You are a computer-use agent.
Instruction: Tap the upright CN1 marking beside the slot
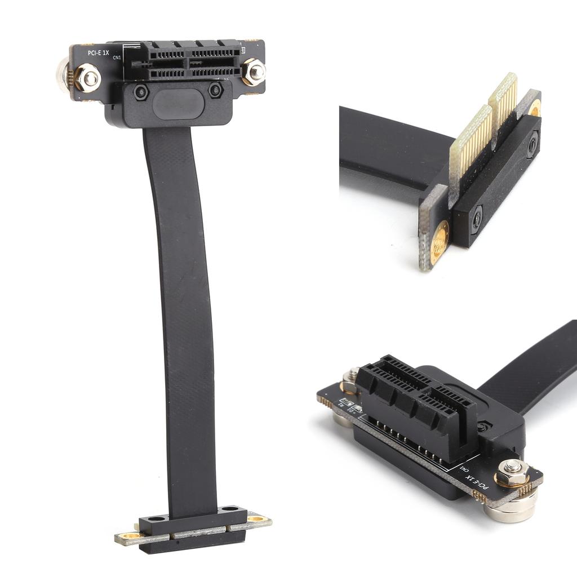(117, 57)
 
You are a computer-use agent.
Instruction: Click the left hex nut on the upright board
(88, 77)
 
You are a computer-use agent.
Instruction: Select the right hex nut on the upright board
(254, 72)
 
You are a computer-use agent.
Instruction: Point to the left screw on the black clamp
(141, 91)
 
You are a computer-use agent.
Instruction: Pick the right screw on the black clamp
(215, 90)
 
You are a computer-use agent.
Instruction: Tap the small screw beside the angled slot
(481, 427)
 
